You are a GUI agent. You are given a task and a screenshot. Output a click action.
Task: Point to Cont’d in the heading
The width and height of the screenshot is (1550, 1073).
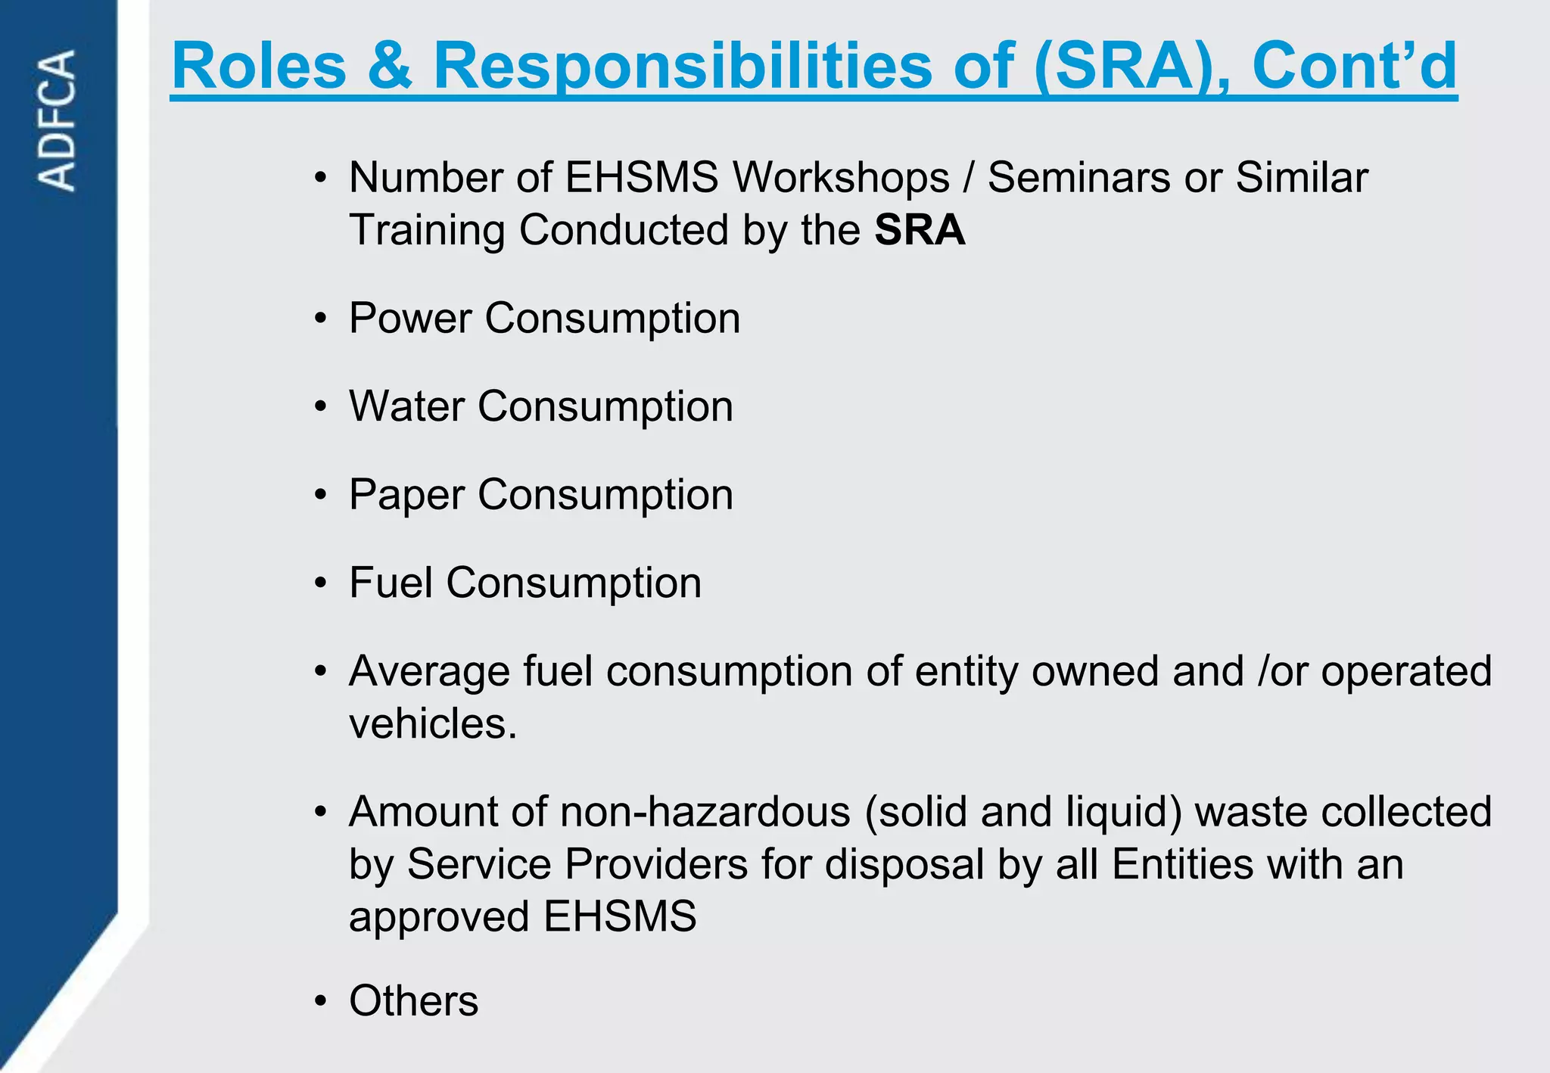click(1354, 66)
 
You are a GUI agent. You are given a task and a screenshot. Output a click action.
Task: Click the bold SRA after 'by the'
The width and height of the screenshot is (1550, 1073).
click(920, 230)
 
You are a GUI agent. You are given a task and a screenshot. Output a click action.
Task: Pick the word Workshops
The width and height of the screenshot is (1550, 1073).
click(840, 178)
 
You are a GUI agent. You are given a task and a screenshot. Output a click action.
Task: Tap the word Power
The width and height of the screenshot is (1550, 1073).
click(410, 318)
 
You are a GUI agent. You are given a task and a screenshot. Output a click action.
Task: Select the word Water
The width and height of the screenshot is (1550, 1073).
click(406, 406)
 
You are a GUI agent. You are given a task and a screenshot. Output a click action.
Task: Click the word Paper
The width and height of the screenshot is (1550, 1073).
click(406, 496)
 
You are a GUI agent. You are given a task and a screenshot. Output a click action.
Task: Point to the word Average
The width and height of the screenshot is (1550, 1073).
click(429, 671)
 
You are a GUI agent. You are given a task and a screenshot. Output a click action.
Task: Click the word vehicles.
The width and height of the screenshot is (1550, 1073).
click(432, 724)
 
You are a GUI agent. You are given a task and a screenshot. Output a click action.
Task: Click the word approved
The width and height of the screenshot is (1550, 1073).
click(439, 917)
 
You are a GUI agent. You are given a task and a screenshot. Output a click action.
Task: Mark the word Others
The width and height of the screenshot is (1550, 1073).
click(413, 1001)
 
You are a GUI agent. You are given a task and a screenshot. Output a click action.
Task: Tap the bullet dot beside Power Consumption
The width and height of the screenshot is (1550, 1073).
click(321, 319)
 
